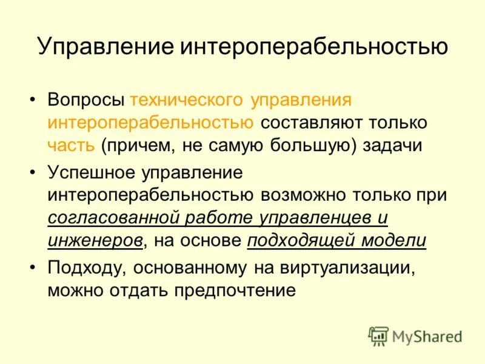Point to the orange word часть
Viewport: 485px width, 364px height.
tap(71, 145)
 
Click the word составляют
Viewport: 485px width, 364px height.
tap(309, 122)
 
